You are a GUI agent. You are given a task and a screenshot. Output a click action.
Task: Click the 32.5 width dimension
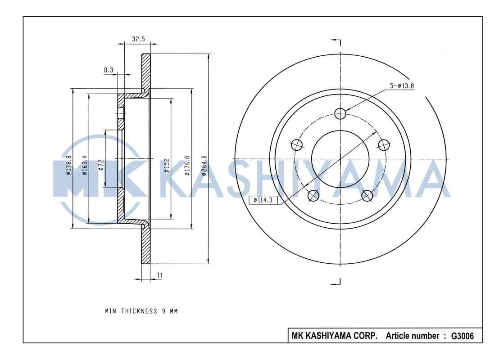[x=138, y=39]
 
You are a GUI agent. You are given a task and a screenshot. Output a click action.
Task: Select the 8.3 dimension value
[x=109, y=70]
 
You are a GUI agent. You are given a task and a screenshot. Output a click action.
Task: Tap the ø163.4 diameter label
[x=84, y=165]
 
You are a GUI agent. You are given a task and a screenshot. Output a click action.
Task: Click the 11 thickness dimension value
[x=159, y=274]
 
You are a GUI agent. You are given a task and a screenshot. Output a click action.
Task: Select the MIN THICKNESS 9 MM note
[x=141, y=311]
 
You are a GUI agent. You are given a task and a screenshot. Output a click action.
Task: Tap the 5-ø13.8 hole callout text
[x=402, y=86]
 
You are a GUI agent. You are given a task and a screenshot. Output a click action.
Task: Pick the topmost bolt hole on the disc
[x=341, y=113]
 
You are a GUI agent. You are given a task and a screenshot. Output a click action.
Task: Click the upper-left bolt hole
[x=297, y=144]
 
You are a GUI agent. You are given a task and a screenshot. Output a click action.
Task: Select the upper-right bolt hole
[x=384, y=144]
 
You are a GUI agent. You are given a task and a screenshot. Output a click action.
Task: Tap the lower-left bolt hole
[x=313, y=195]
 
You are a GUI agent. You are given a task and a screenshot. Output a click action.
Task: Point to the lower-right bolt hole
[x=367, y=195]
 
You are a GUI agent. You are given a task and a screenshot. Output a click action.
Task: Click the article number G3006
[x=462, y=336]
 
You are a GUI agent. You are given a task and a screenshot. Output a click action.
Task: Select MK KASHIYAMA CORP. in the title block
[x=335, y=336]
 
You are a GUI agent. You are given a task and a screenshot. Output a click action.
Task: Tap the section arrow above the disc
[x=336, y=41]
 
